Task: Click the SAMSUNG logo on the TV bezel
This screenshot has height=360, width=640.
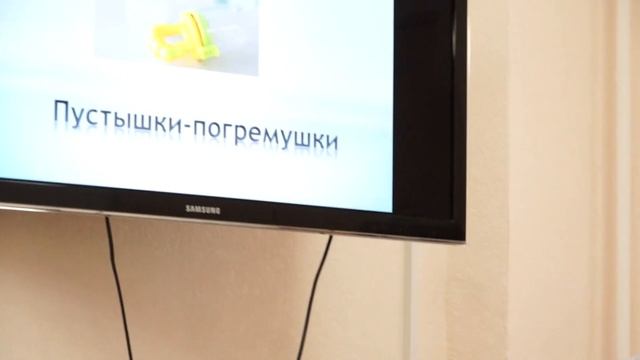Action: (202, 208)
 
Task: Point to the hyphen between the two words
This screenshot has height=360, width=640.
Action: (163, 125)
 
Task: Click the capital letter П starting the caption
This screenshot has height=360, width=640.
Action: (61, 112)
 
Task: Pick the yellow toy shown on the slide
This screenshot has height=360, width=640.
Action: (186, 36)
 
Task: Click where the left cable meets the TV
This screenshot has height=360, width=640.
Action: (107, 219)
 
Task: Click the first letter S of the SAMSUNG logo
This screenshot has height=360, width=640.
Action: (186, 207)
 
